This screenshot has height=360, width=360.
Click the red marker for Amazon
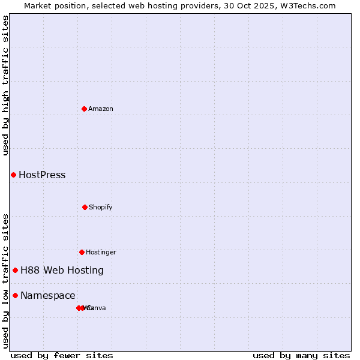point(85,109)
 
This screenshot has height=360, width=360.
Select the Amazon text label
point(101,109)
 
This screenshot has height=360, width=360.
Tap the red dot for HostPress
point(13,175)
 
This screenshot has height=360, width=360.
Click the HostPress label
point(42,175)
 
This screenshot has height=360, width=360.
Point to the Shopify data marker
point(85,207)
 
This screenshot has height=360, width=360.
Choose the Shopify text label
point(101,208)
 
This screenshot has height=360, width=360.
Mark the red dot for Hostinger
point(82,252)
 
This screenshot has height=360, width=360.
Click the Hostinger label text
point(101,253)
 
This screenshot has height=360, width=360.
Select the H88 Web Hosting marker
point(15,270)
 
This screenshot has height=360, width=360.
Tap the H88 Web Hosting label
point(62,271)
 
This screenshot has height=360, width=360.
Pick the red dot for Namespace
point(15,295)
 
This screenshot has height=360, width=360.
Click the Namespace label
point(48,296)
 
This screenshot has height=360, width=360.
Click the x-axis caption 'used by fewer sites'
point(62,355)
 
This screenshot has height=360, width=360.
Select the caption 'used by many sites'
point(301,355)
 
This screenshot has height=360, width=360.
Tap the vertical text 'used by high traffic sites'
point(6,85)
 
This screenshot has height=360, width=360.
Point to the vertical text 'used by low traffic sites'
point(6,281)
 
